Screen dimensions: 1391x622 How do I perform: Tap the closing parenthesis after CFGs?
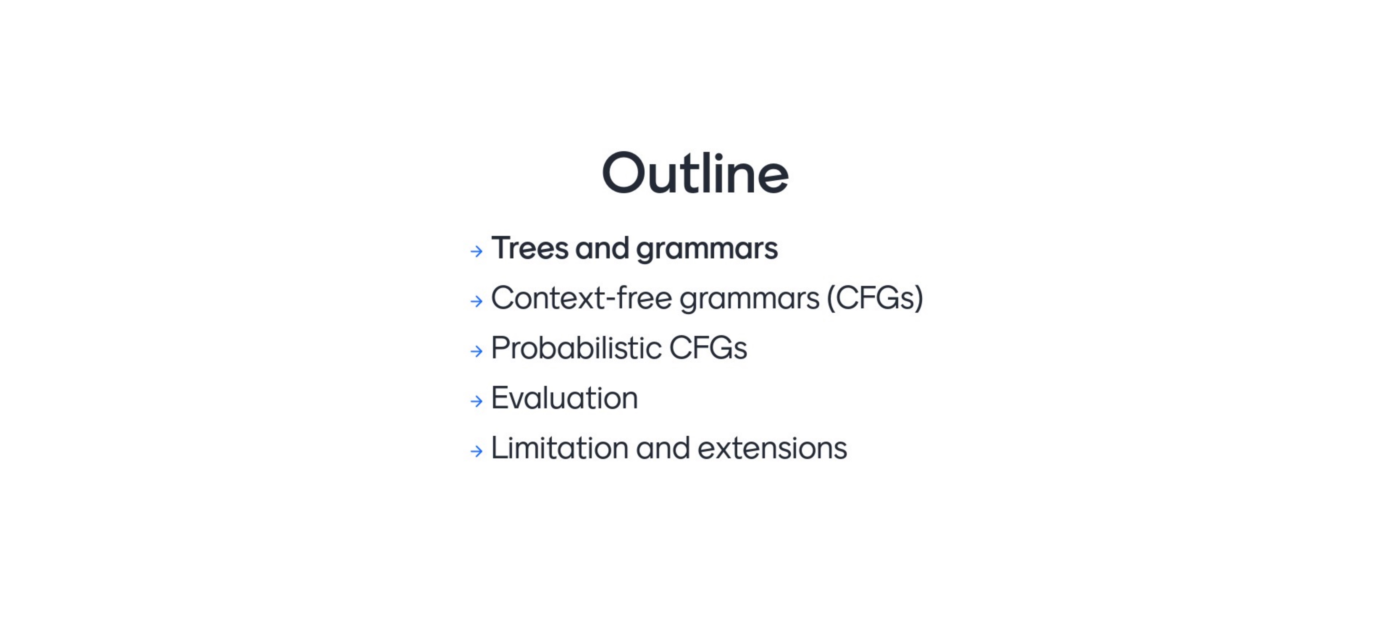pos(918,298)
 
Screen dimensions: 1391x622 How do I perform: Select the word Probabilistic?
pos(576,348)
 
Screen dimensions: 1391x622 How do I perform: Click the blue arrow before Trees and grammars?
pos(476,251)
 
